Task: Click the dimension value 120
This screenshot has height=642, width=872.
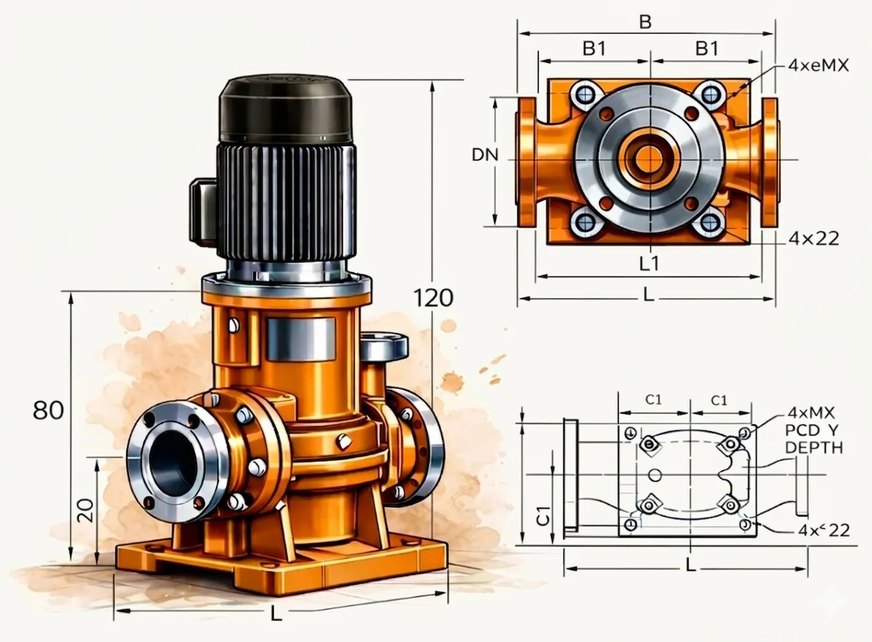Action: click(433, 298)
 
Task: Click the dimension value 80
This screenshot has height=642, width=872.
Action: click(48, 410)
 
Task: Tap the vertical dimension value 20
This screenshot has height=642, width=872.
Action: click(86, 510)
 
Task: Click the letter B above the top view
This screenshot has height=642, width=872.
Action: click(645, 22)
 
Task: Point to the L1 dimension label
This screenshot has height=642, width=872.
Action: click(649, 263)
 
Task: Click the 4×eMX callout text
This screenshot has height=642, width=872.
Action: click(818, 66)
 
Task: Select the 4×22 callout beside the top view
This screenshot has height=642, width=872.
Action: click(814, 239)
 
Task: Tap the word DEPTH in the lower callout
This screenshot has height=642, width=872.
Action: click(814, 447)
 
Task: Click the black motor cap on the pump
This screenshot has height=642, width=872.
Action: click(287, 109)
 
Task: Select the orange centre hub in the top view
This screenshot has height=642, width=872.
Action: click(648, 158)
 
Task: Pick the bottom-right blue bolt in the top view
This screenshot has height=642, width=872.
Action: click(709, 222)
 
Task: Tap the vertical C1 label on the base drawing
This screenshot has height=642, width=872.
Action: click(541, 517)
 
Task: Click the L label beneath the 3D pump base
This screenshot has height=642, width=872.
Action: click(276, 614)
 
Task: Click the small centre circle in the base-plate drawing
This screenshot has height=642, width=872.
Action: click(655, 476)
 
